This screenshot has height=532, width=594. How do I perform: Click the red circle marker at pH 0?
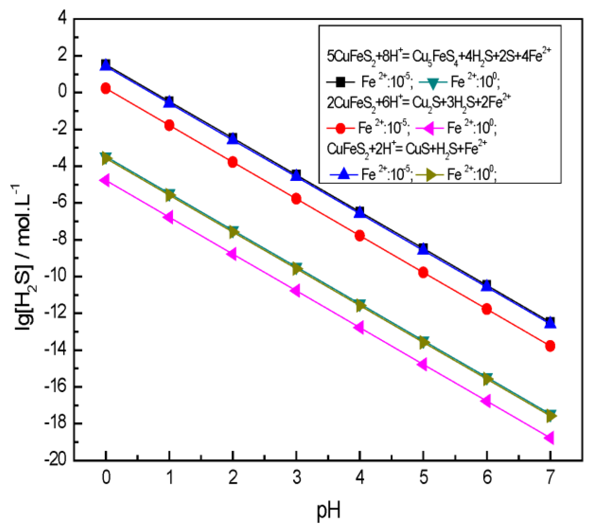(x=106, y=89)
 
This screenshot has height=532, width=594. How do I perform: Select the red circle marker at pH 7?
(x=550, y=346)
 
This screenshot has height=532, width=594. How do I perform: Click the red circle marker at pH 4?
(x=360, y=236)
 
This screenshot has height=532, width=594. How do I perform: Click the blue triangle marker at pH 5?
(x=423, y=249)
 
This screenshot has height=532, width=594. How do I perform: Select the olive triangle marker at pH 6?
(x=487, y=379)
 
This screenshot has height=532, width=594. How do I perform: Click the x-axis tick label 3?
(x=296, y=477)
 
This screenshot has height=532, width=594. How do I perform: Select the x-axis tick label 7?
(x=550, y=477)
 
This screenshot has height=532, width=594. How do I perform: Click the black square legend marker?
(x=340, y=83)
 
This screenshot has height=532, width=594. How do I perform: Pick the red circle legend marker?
(x=340, y=129)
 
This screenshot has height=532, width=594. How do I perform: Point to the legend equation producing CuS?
(x=407, y=149)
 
